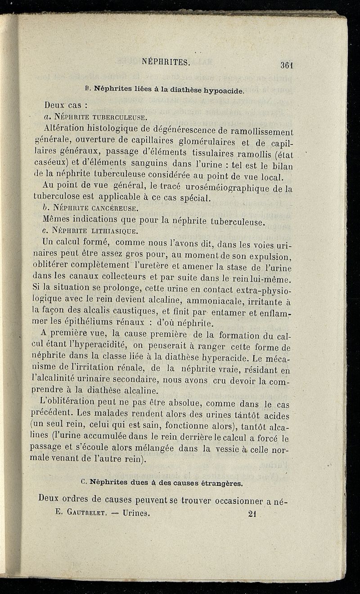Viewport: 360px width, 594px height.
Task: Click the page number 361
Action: click(x=287, y=64)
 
